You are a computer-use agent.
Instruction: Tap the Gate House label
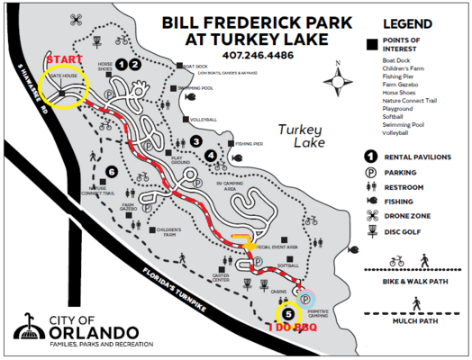coord(64,76)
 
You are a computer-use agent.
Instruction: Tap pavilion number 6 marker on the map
coord(111,172)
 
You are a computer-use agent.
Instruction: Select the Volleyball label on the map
coord(204,120)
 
